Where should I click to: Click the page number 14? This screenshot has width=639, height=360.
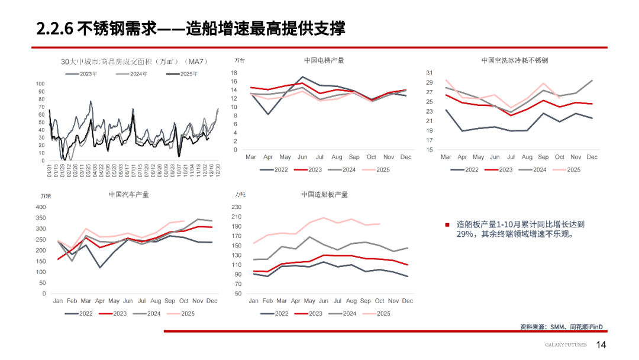(x=601, y=345)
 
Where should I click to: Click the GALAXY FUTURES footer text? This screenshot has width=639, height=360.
(x=566, y=345)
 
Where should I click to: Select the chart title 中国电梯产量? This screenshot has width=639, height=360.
(x=324, y=60)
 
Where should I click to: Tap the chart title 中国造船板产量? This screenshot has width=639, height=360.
(x=324, y=194)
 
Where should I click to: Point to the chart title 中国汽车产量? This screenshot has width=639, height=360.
(x=129, y=194)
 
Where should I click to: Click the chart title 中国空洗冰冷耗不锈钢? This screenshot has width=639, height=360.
(x=515, y=60)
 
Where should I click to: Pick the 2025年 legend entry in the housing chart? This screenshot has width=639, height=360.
(x=189, y=74)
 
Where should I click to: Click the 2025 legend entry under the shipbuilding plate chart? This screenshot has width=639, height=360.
(x=383, y=314)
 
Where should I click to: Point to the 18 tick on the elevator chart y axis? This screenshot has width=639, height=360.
(x=234, y=73)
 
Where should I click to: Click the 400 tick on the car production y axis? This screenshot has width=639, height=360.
(x=40, y=207)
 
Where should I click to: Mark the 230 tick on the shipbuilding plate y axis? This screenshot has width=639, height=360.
(x=237, y=207)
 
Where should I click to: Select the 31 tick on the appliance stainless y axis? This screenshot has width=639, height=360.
(x=430, y=73)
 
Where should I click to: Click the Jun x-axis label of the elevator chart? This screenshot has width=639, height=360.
(x=302, y=157)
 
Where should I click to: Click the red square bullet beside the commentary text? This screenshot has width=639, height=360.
(x=447, y=225)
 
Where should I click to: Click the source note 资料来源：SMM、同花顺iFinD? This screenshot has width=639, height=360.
(x=565, y=326)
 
